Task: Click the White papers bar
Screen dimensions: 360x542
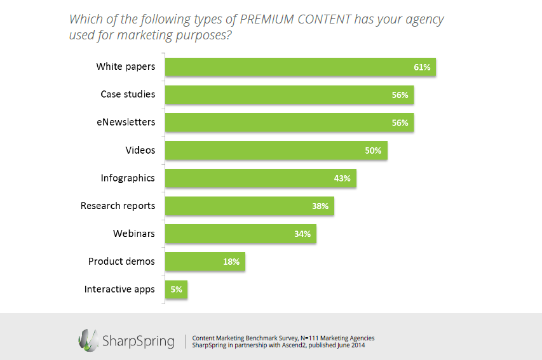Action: click(x=300, y=67)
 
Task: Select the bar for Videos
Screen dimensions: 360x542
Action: click(x=276, y=150)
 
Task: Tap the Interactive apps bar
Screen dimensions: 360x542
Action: click(x=176, y=290)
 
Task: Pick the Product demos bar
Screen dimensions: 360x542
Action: click(x=205, y=262)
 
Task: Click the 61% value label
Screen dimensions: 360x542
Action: click(x=422, y=67)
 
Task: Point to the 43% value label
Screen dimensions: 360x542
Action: click(x=342, y=178)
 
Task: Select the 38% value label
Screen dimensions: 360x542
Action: click(x=320, y=206)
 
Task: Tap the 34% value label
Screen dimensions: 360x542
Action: click(x=302, y=234)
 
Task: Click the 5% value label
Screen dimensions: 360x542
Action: click(x=176, y=290)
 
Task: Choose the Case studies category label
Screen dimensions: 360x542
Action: click(x=128, y=94)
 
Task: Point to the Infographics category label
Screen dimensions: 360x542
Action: click(x=128, y=178)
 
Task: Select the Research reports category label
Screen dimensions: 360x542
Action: click(x=118, y=206)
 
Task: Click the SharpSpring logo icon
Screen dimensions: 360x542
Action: click(x=87, y=340)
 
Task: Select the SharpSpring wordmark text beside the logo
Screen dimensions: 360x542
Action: click(x=138, y=341)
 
